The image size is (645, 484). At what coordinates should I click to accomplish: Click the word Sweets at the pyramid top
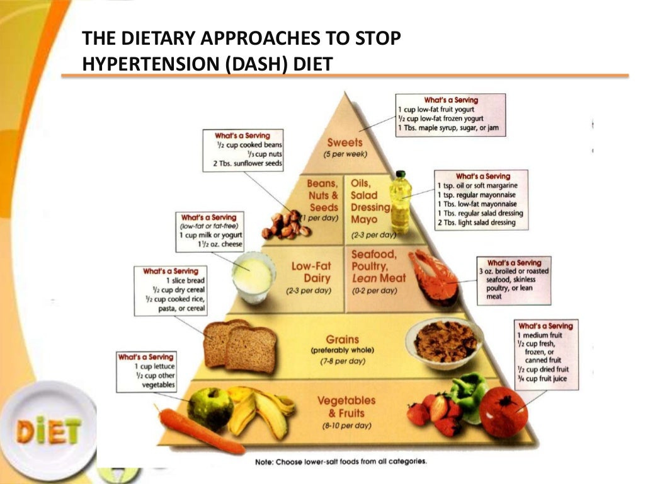345,143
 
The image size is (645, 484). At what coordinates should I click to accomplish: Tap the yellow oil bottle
400,203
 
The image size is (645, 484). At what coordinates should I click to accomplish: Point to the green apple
210,406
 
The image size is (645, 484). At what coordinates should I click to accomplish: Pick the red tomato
503,412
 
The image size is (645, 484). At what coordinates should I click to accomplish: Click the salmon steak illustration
435,275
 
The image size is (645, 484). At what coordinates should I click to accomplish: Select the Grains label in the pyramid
343,339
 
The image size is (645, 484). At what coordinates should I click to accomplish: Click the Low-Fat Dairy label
311,272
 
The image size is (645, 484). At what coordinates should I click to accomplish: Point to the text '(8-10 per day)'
346,425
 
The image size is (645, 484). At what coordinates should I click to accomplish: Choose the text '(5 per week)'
345,154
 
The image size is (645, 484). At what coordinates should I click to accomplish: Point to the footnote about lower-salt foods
341,461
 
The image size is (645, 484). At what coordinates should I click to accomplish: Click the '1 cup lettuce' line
154,366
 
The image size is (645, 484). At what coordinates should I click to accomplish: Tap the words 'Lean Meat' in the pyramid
379,277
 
